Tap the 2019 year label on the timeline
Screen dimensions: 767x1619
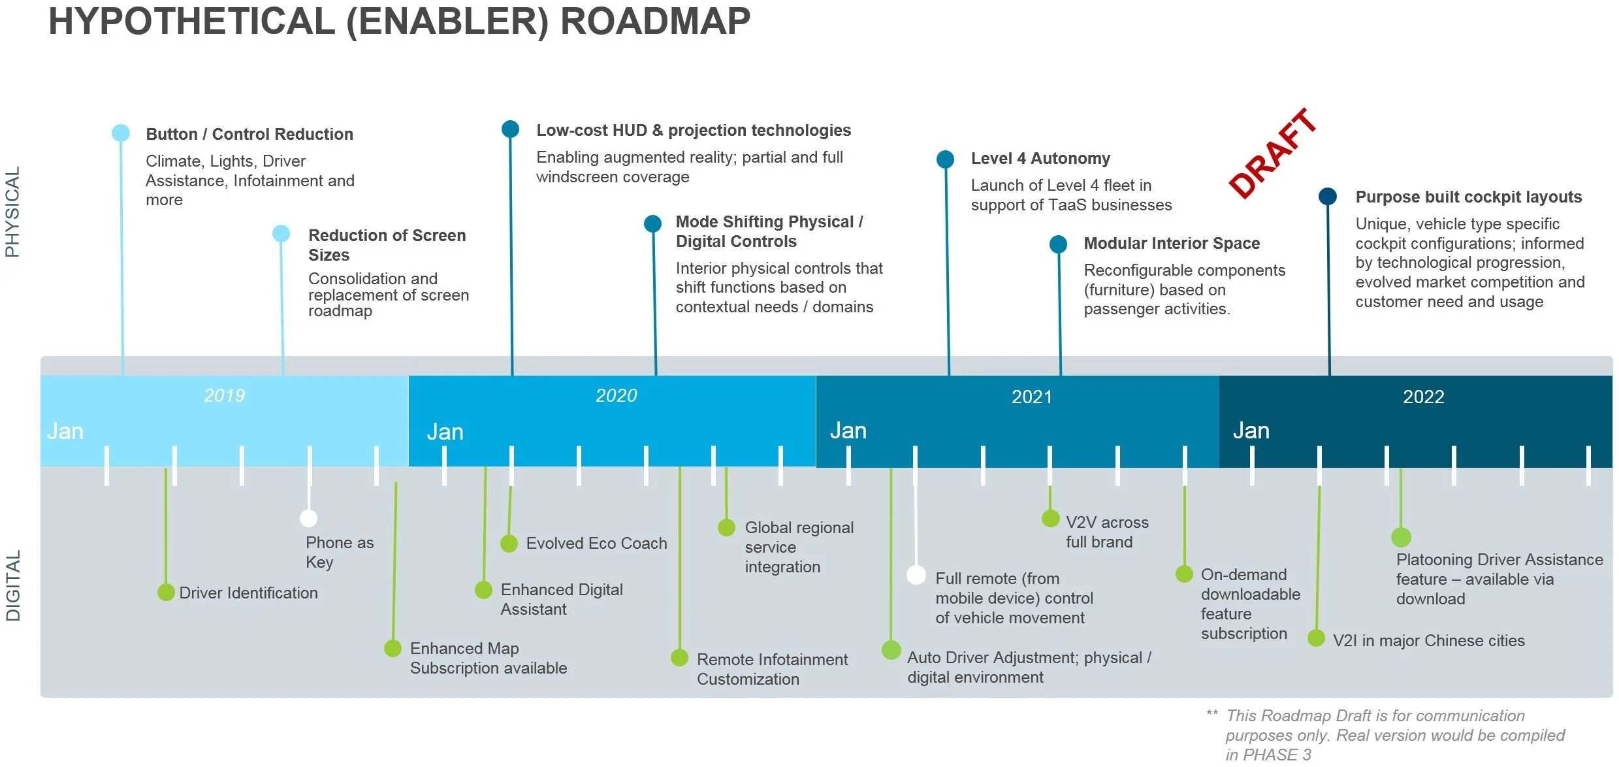(x=224, y=395)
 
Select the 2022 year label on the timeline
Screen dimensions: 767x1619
(x=1423, y=397)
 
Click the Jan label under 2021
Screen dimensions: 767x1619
(x=848, y=431)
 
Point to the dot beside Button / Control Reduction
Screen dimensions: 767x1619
(x=121, y=133)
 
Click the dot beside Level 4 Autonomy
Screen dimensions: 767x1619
(x=945, y=159)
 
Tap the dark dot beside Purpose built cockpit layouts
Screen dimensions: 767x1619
(x=1327, y=197)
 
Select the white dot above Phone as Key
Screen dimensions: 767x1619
(x=308, y=518)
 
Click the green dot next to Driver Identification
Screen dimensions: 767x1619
(x=166, y=592)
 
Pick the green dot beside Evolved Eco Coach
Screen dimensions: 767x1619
(x=509, y=543)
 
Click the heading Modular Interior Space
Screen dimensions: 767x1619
(x=1172, y=243)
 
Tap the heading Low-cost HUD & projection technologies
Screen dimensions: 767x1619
(x=694, y=130)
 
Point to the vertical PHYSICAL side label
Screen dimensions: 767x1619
(x=12, y=212)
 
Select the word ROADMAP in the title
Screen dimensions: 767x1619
(x=655, y=21)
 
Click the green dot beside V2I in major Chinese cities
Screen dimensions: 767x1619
(x=1316, y=638)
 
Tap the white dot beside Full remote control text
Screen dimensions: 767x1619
(x=916, y=575)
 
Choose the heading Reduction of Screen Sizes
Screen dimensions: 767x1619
(x=387, y=244)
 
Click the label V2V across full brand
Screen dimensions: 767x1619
(x=1107, y=532)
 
